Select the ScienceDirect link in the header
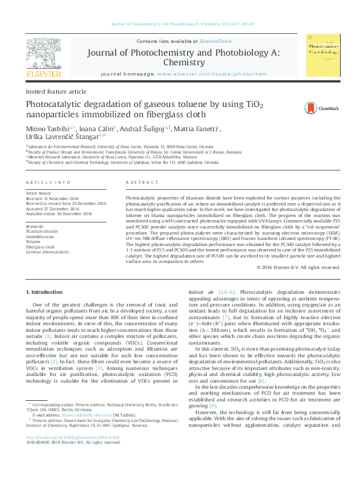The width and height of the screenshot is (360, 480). pos(216,41)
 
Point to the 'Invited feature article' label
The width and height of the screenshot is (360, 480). pos(48,91)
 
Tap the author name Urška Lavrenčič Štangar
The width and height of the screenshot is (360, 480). pos(64,137)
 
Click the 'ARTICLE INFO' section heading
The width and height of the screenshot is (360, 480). pos(44,182)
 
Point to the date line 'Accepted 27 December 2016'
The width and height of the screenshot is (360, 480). pos(57,208)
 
